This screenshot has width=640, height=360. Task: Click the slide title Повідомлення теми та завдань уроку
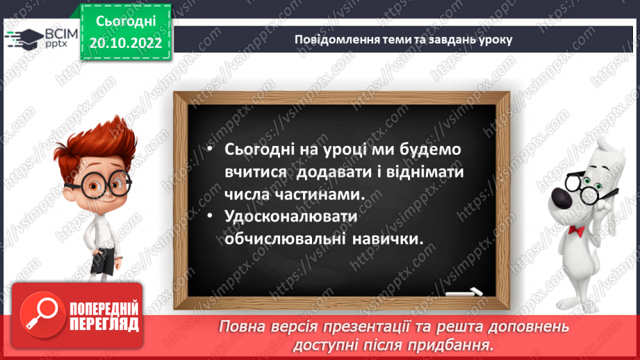[x=403, y=39]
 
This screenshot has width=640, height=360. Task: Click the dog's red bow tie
[x=576, y=230]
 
